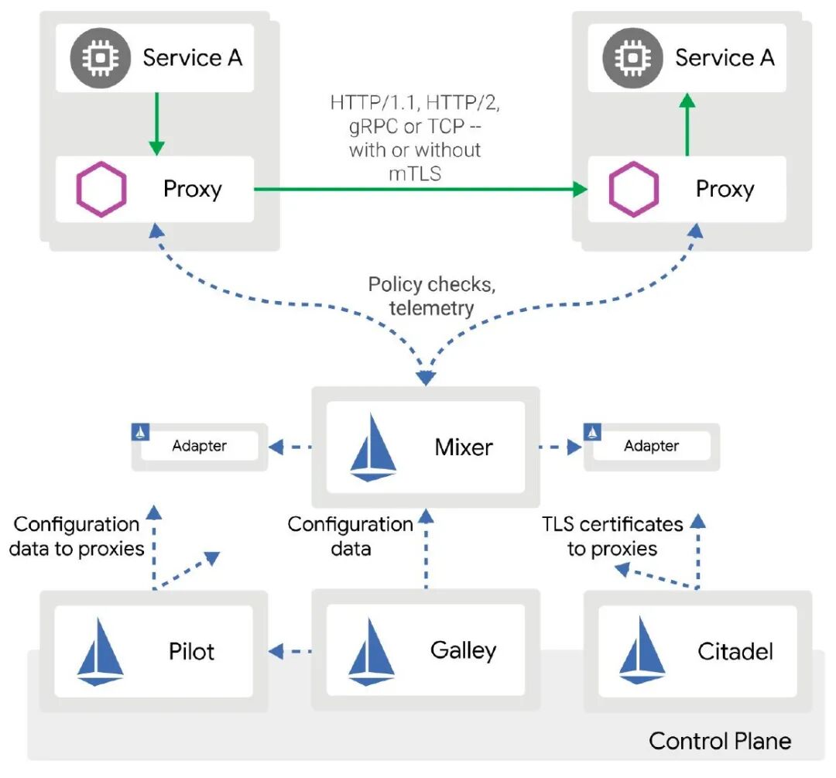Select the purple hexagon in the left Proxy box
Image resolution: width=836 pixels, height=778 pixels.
(101, 190)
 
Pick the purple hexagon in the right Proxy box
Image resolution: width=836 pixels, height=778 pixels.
(633, 190)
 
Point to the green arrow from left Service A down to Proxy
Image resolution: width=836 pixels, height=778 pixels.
(156, 124)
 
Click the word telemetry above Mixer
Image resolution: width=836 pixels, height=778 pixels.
(431, 308)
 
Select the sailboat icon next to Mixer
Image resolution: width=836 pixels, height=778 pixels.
(374, 447)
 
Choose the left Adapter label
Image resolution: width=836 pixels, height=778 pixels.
(199, 446)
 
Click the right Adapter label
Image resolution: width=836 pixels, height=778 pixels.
(651, 446)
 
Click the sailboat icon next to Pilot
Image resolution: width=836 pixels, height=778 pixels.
(101, 651)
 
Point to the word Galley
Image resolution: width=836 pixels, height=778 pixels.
(463, 650)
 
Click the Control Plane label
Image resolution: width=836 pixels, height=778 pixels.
(720, 741)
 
